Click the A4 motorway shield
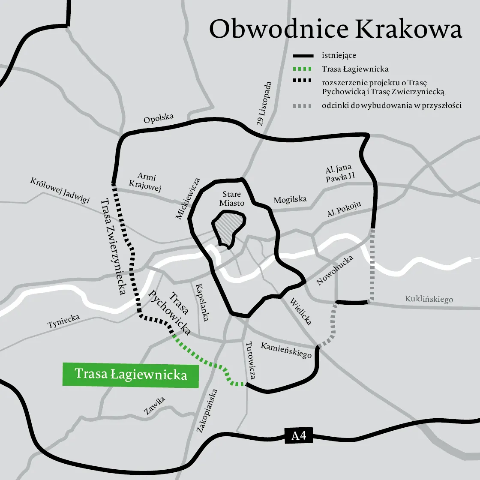[x=299, y=436]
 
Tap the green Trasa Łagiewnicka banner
[x=131, y=375]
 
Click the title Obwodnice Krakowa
[x=336, y=30]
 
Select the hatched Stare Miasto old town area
[x=229, y=231]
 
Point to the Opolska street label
[x=159, y=118]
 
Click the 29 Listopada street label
[x=265, y=104]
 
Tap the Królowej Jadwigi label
[x=60, y=190]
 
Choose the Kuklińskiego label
[x=429, y=299]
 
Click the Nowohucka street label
[x=335, y=270]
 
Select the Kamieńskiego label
[x=286, y=350]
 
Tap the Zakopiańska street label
[x=207, y=411]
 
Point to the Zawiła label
[x=154, y=406]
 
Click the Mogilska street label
[x=290, y=200]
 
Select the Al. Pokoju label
[x=344, y=210]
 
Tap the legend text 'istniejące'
[x=339, y=56]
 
